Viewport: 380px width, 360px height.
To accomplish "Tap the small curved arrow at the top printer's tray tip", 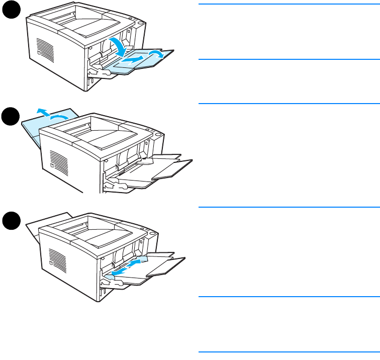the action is point(157,54).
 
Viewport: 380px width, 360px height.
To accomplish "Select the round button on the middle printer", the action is point(158,135).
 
